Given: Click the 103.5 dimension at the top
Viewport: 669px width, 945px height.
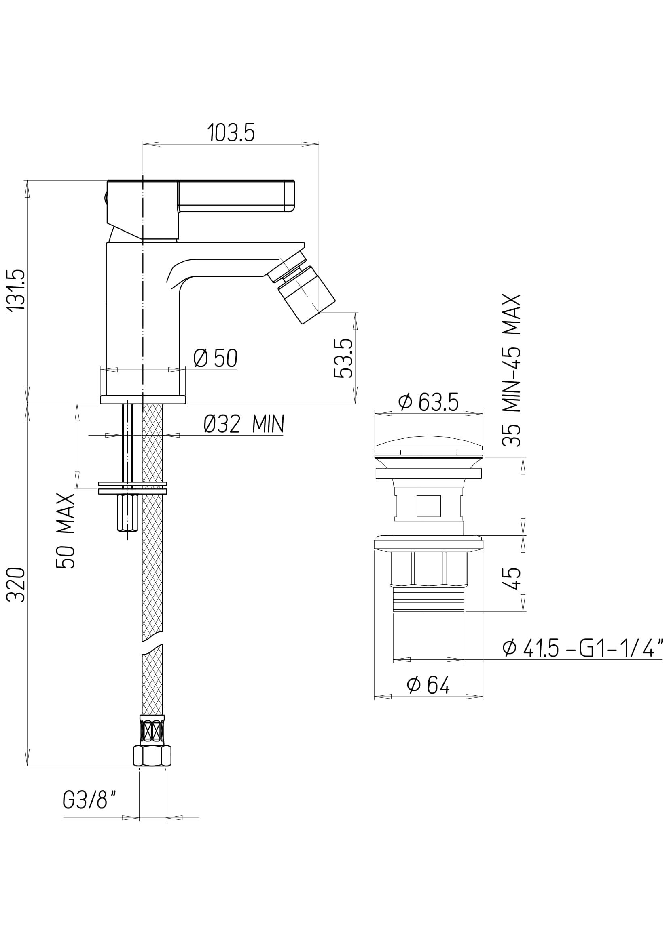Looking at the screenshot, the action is (231, 133).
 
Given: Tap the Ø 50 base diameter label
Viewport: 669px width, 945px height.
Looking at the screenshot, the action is (216, 358).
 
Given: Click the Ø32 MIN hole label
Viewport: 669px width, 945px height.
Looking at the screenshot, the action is (244, 424).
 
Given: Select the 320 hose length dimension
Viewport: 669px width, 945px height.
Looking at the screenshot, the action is (18, 585).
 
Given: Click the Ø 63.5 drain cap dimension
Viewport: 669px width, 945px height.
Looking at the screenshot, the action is (428, 402).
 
